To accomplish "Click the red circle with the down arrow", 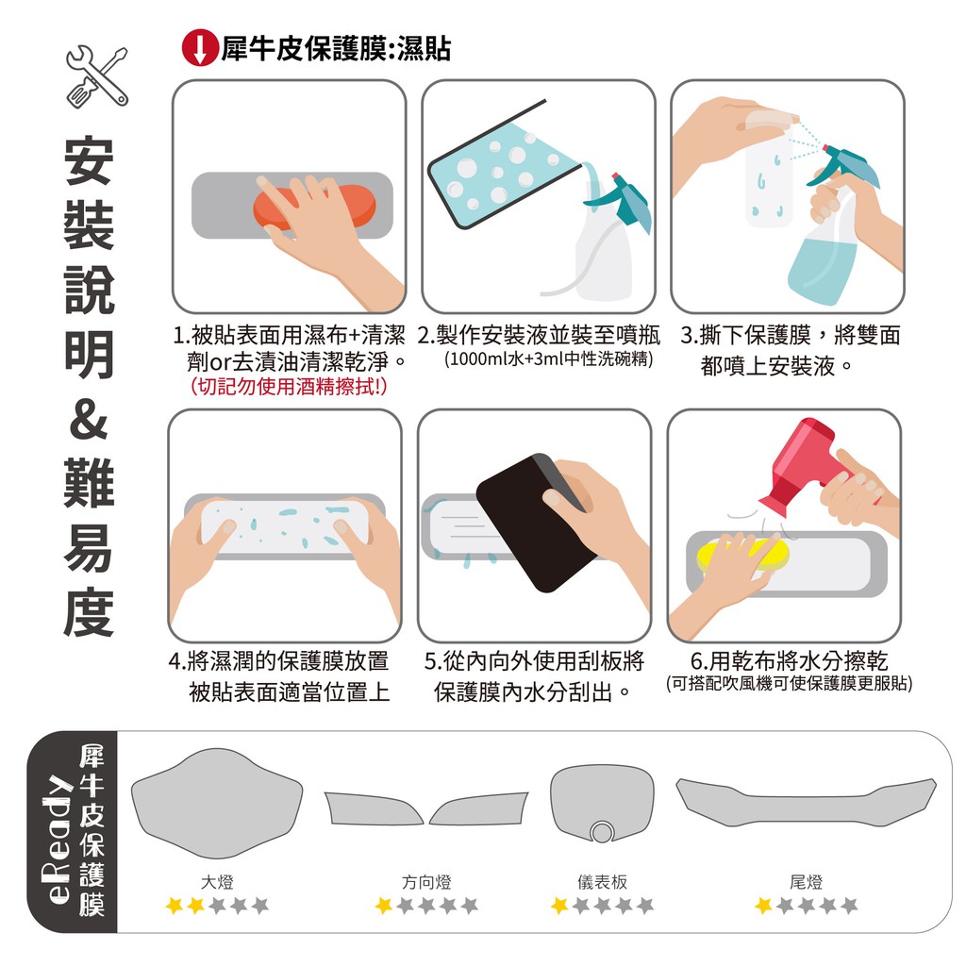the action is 200,47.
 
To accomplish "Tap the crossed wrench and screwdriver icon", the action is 97,77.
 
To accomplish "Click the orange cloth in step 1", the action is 315,207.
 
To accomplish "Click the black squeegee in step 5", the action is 537,523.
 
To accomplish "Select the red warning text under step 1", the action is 289,386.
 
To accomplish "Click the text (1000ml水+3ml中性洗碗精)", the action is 548,358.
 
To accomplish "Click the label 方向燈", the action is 426,882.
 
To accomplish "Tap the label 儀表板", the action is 602,882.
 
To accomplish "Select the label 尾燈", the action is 806,882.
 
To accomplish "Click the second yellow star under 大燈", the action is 196,905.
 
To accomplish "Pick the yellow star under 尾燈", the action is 764,905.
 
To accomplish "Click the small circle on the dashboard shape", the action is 601,832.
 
